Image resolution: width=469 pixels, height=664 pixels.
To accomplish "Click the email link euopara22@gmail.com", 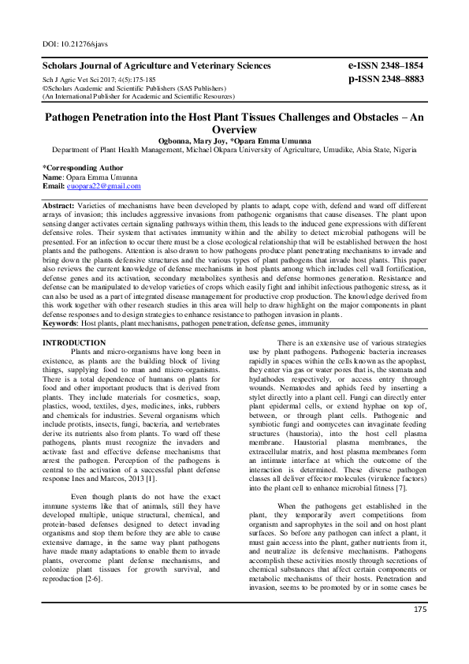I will pyautogui.click(x=104, y=186).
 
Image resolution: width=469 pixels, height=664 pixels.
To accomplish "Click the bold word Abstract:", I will pyautogui.click(x=59, y=204).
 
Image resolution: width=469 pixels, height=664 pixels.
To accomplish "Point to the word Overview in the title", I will pyautogui.click(x=234, y=129).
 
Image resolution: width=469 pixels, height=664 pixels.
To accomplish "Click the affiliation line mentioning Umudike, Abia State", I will pyautogui.click(x=234, y=148).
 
